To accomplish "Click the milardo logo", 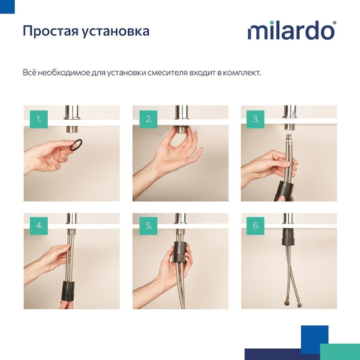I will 291,31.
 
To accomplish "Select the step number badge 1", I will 39,119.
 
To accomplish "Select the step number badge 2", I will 148,119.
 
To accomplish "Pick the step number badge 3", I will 257,119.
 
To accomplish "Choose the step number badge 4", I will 39,226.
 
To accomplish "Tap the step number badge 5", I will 148,226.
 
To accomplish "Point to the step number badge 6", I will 257,226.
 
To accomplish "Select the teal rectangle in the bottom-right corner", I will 340,351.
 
